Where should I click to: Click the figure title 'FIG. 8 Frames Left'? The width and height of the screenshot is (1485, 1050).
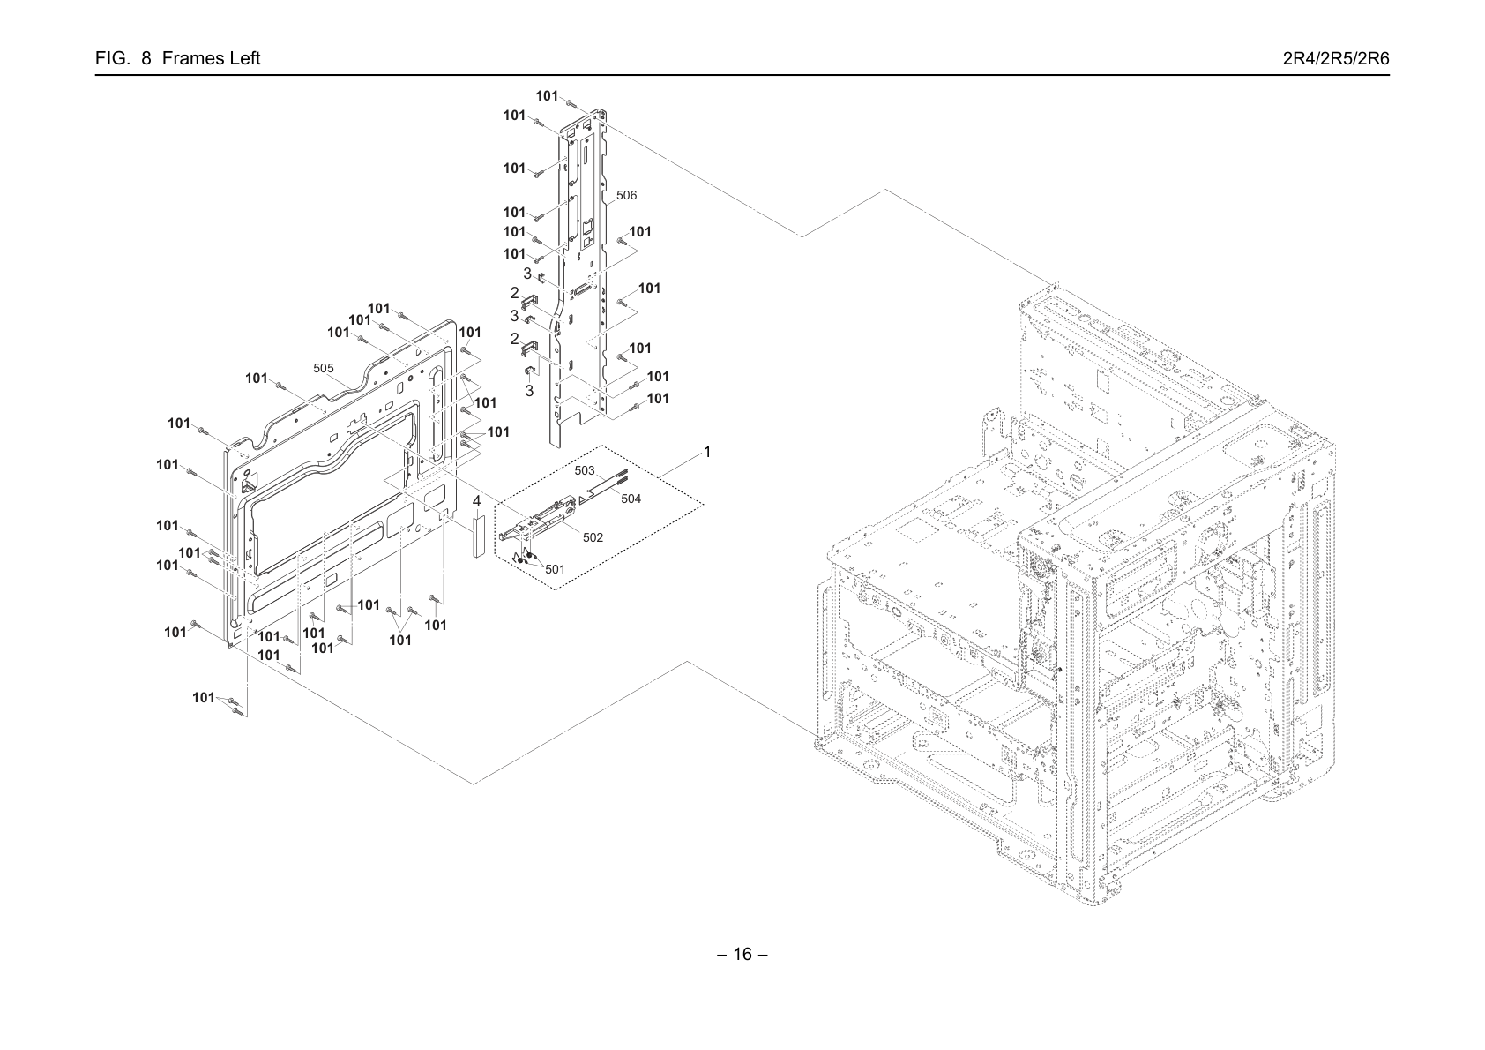(177, 58)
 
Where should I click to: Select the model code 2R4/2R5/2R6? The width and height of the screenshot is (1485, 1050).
(1336, 58)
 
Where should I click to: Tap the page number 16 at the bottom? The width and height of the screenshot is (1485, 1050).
(742, 954)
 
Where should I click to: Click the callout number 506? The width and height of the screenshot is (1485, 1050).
(626, 195)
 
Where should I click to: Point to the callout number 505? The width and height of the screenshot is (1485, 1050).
(324, 368)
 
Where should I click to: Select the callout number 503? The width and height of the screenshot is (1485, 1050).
(584, 470)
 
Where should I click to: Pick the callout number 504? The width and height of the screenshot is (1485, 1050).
(631, 499)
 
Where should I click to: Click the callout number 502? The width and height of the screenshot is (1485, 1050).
(593, 537)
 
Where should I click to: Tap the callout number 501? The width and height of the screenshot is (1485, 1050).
(555, 569)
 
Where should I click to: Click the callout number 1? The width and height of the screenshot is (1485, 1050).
(707, 452)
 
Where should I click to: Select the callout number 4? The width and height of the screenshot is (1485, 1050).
(477, 502)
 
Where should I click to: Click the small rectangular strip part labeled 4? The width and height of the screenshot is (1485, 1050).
(479, 536)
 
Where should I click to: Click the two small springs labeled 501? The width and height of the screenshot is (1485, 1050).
(524, 555)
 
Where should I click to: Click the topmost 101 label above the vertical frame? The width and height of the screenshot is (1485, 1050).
(547, 96)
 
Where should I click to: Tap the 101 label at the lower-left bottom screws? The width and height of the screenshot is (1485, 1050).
(204, 698)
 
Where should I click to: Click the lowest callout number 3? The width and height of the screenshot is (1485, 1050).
(529, 392)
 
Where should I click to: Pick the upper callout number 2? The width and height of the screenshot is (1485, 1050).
(514, 293)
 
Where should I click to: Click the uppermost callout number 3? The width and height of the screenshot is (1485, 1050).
(527, 274)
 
